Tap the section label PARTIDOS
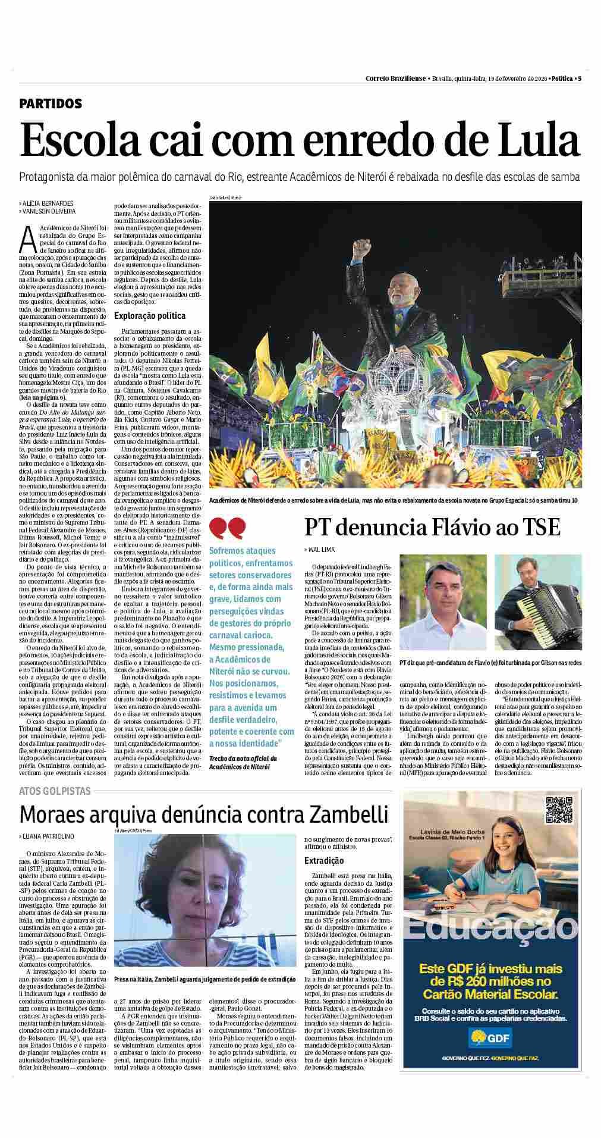51,104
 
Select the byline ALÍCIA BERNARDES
48,203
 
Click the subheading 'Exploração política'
150,316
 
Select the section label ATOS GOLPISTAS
55,791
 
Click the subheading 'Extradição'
323,861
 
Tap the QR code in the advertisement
558,808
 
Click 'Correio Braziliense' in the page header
395,78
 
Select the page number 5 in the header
579,78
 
